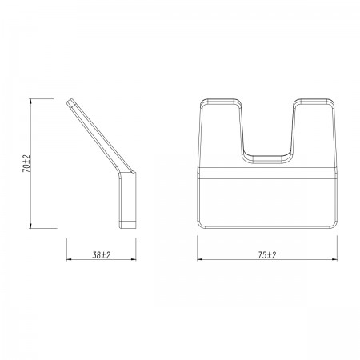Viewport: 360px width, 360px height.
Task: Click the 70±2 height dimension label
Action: [26, 163]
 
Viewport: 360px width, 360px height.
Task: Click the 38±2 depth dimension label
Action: [102, 255]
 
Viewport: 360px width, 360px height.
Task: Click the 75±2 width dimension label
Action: [267, 255]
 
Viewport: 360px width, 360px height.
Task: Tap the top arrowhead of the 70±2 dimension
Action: [30, 102]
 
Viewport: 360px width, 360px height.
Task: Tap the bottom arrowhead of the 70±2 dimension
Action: [30, 225]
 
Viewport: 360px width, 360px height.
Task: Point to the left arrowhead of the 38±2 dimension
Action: [70, 259]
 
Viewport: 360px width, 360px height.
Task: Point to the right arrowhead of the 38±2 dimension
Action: [133, 259]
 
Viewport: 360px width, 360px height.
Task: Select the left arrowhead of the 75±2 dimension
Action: [201, 259]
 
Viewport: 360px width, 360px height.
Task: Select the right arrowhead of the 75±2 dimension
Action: [334, 259]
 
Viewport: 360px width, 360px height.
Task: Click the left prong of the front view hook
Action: [221, 133]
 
